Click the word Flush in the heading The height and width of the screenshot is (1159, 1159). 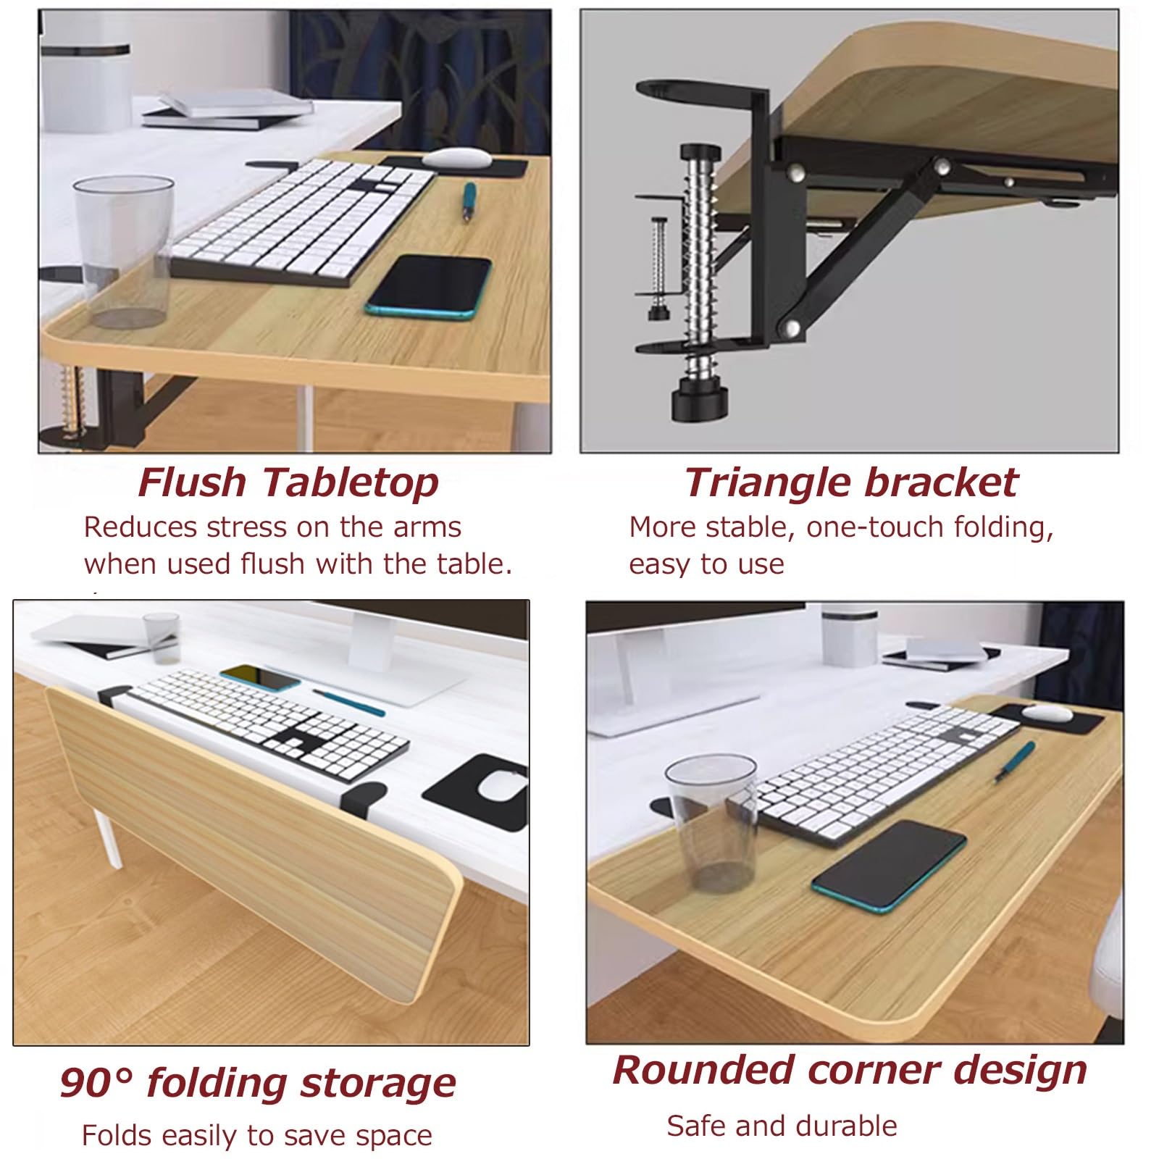click(x=192, y=482)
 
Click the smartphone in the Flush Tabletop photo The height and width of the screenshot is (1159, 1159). click(x=428, y=287)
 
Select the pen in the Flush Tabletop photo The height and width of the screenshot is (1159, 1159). click(x=469, y=202)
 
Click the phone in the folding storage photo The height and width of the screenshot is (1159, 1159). click(x=261, y=679)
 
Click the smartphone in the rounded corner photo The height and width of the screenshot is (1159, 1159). click(x=889, y=866)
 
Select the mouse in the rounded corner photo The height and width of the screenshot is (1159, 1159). click(x=1047, y=713)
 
